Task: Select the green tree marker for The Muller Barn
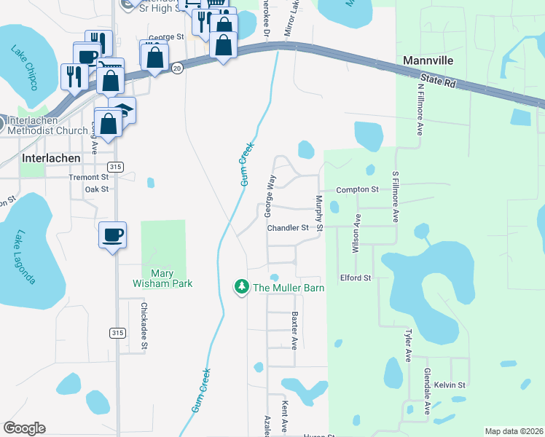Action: tap(241, 288)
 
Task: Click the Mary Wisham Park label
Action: tap(162, 278)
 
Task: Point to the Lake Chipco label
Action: tap(24, 67)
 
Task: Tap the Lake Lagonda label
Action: tap(23, 256)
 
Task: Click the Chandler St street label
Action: tap(288, 228)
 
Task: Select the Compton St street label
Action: tap(357, 190)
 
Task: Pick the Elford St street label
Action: tap(356, 278)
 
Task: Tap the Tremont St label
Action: tap(88, 177)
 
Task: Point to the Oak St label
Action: tap(96, 189)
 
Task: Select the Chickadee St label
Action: tap(144, 326)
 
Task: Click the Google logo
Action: tap(24, 428)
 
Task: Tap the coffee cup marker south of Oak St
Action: tap(112, 235)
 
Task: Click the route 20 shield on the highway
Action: tap(177, 67)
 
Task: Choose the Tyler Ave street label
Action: tap(407, 345)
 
